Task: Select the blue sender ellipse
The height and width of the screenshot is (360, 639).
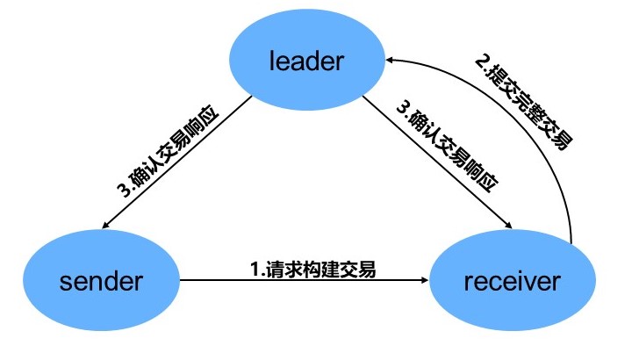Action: [101, 281]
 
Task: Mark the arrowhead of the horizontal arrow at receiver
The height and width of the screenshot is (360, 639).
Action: [423, 281]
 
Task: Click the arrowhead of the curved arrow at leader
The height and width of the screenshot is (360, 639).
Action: [391, 59]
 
